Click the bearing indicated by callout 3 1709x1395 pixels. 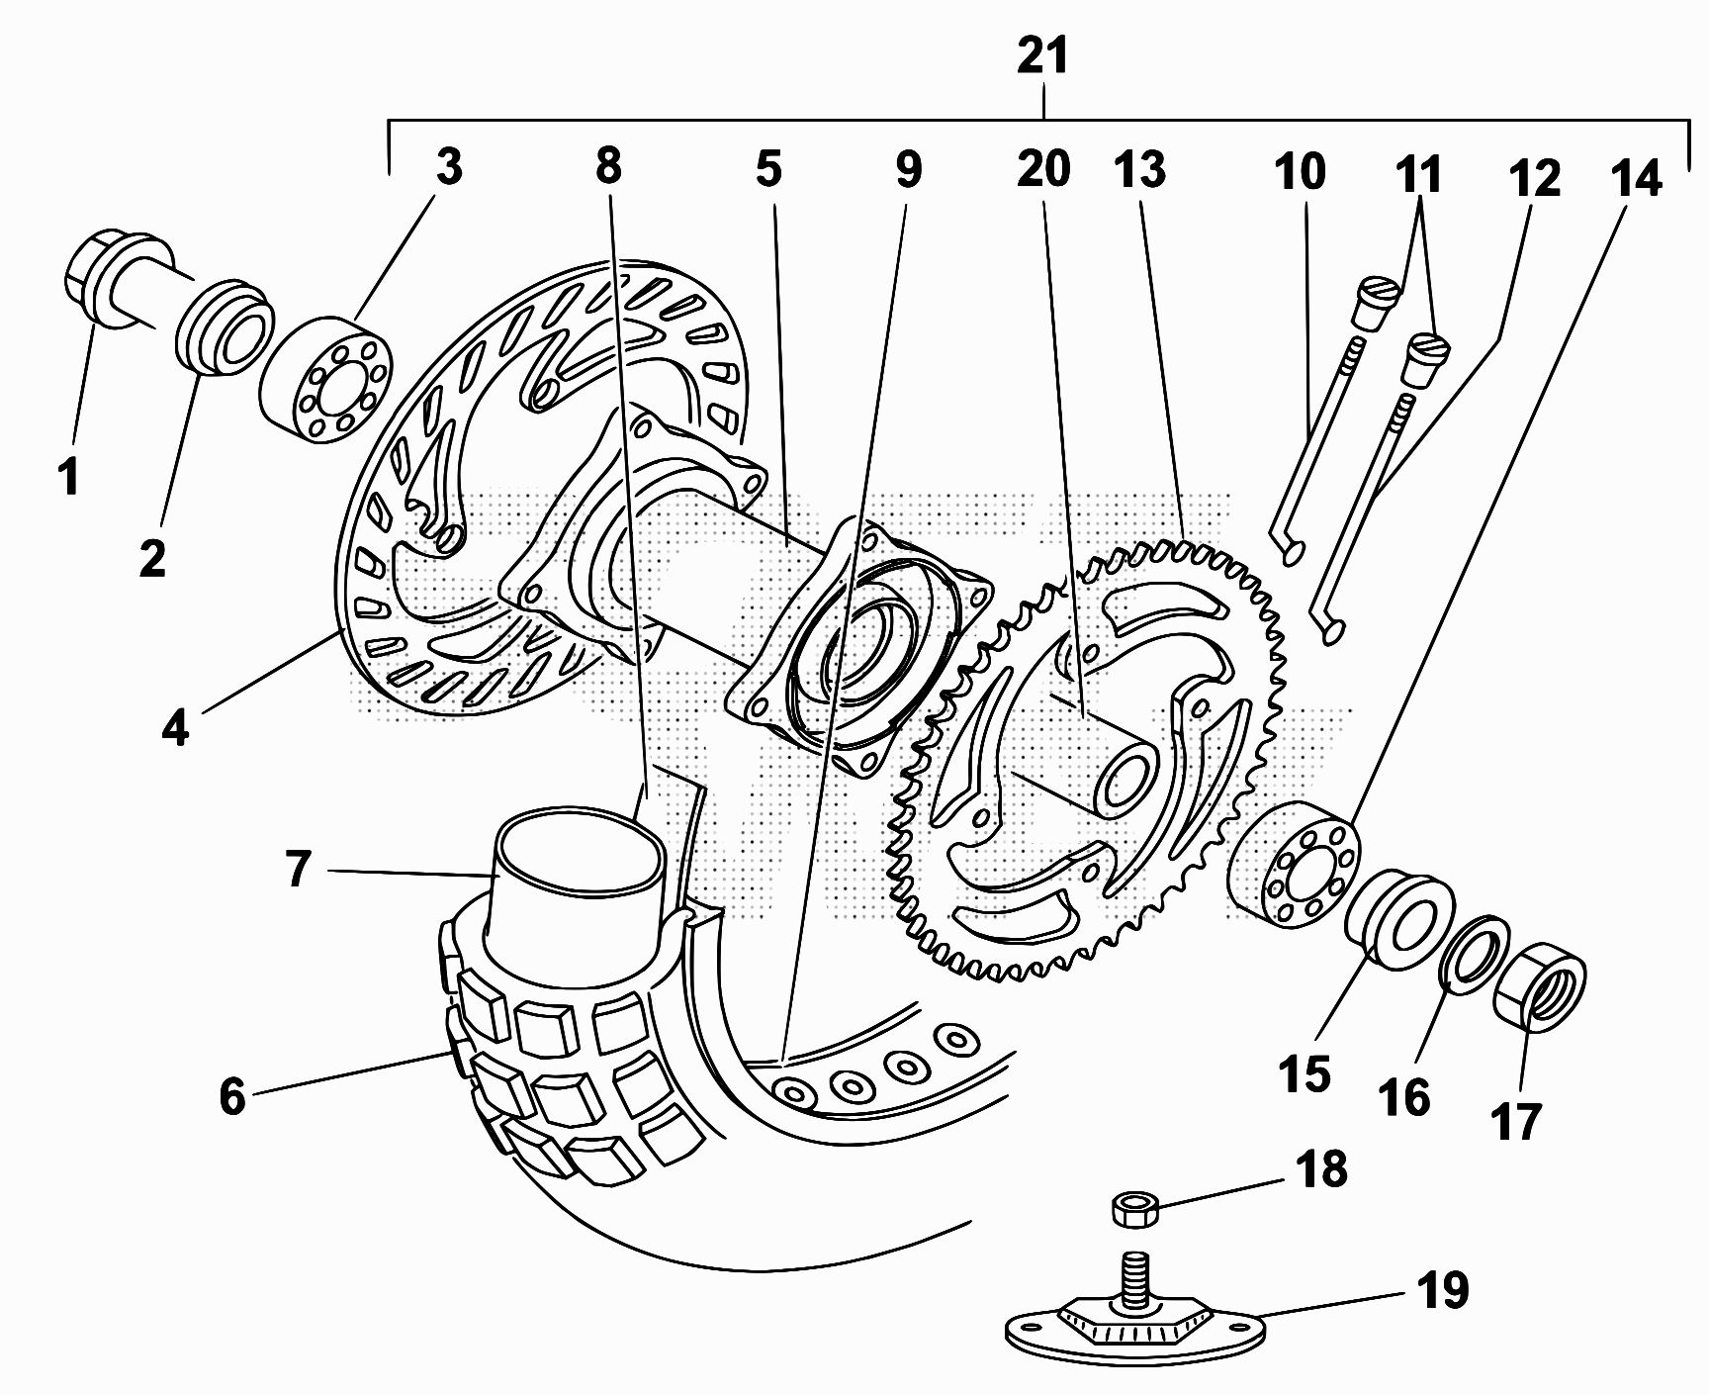click(326, 380)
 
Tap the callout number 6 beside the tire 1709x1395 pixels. click(231, 1095)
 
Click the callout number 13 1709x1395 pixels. click(1140, 169)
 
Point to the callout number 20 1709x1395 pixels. click(1043, 169)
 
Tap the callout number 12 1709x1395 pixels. click(1534, 178)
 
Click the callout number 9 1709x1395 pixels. click(908, 169)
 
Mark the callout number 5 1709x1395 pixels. click(767, 169)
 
